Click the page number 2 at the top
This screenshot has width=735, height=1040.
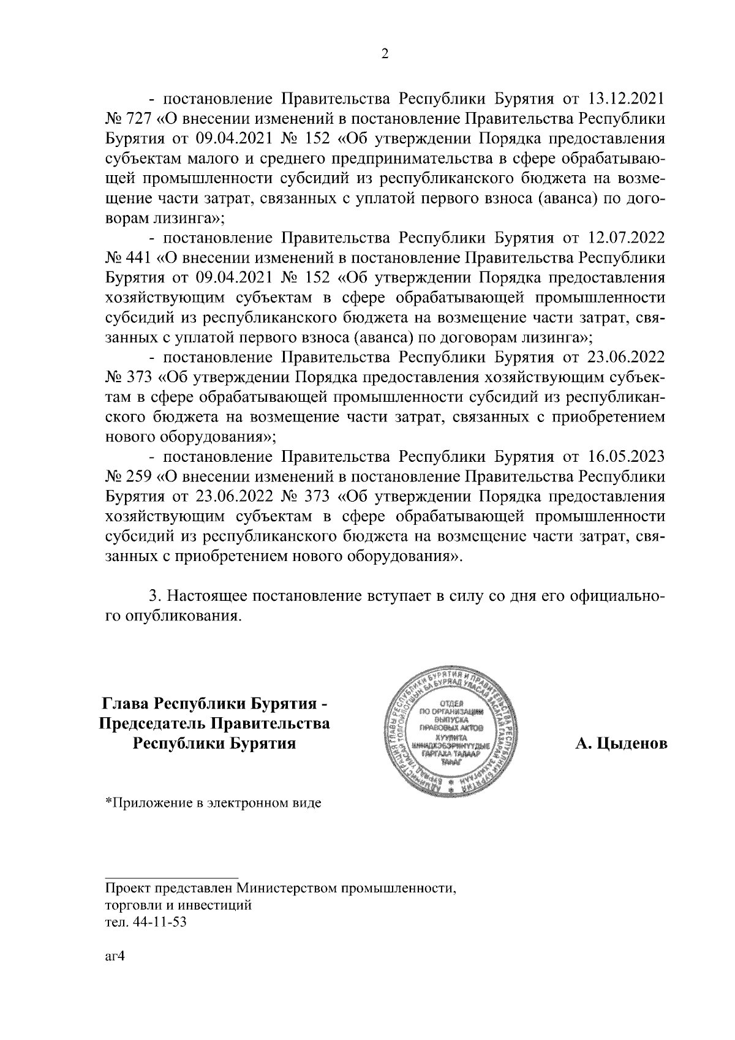pos(385,54)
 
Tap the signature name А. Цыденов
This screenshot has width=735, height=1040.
pos(620,744)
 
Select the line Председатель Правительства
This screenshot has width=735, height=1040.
pos(214,723)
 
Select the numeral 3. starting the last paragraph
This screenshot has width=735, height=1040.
pos(155,596)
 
